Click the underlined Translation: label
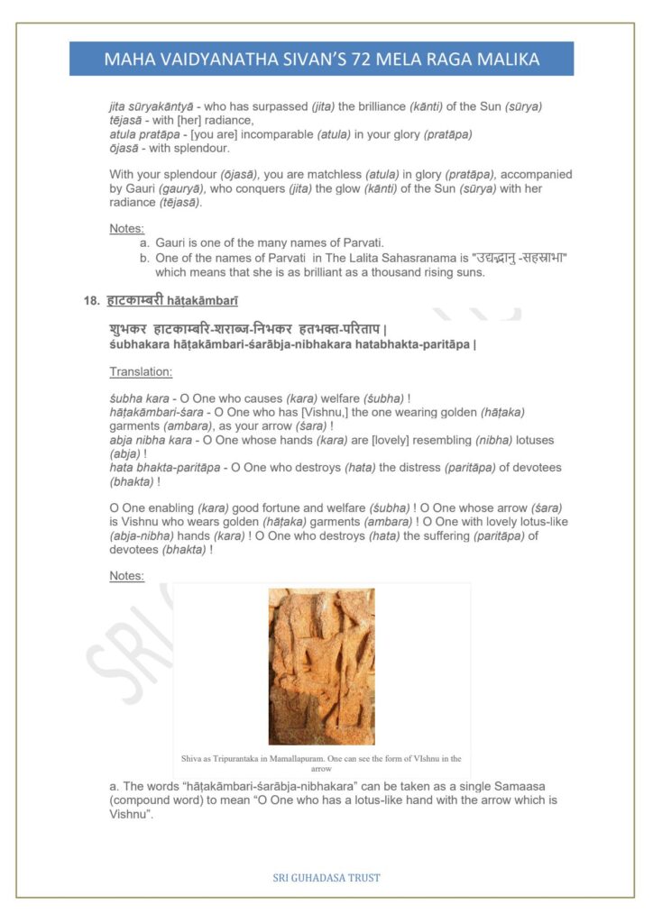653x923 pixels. tap(141, 371)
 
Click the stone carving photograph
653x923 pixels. tap(321, 666)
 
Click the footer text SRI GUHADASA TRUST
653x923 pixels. tap(326, 877)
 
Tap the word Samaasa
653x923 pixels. tap(520, 787)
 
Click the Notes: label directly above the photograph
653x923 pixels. tap(127, 575)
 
